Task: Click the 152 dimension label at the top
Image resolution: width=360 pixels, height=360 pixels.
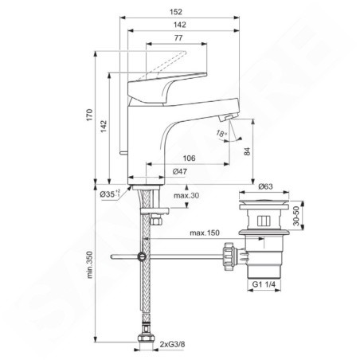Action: pyautogui.click(x=176, y=12)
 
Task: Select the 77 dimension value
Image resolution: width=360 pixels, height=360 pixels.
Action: pyautogui.click(x=178, y=38)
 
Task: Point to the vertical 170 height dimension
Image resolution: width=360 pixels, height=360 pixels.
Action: pyautogui.click(x=89, y=115)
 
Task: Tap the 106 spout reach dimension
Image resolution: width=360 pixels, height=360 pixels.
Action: pyautogui.click(x=189, y=158)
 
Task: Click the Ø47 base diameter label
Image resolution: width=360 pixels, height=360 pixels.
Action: pyautogui.click(x=180, y=171)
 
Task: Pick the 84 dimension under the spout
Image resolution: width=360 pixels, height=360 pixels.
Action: pyautogui.click(x=247, y=151)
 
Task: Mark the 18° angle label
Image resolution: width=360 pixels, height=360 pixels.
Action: pyautogui.click(x=221, y=134)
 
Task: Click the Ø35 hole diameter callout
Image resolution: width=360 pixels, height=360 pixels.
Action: pyautogui.click(x=110, y=194)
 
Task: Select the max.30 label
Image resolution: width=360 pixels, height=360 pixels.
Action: pyautogui.click(x=186, y=196)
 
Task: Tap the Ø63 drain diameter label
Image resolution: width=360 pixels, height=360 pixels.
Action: pyautogui.click(x=265, y=186)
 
